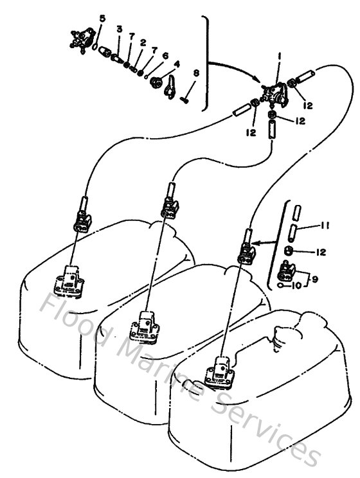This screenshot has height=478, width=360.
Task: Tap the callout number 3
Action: (120, 30)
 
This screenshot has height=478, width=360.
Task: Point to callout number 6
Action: (165, 56)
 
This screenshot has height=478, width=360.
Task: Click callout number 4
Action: (177, 64)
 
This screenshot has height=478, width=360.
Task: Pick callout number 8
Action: (196, 73)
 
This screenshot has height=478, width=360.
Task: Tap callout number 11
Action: (327, 225)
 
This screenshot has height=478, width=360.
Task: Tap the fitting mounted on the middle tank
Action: (147, 325)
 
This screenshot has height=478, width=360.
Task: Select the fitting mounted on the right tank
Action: (222, 371)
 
